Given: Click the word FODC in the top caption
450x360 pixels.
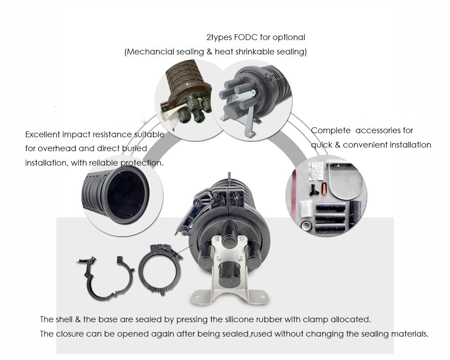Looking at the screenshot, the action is (246, 37).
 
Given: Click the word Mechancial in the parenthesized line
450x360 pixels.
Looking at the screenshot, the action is (150, 52).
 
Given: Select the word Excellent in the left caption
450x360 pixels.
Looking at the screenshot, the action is (42, 135).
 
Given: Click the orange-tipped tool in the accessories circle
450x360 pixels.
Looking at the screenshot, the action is (324, 188).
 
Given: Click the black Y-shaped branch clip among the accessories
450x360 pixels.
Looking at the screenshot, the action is (314, 190).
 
